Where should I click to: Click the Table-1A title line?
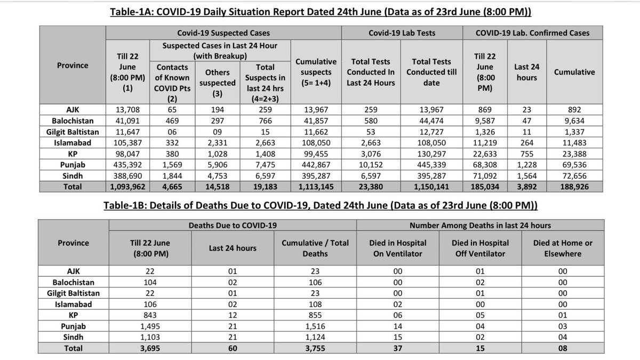point(320,11)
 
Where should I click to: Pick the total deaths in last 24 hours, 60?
point(231,348)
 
